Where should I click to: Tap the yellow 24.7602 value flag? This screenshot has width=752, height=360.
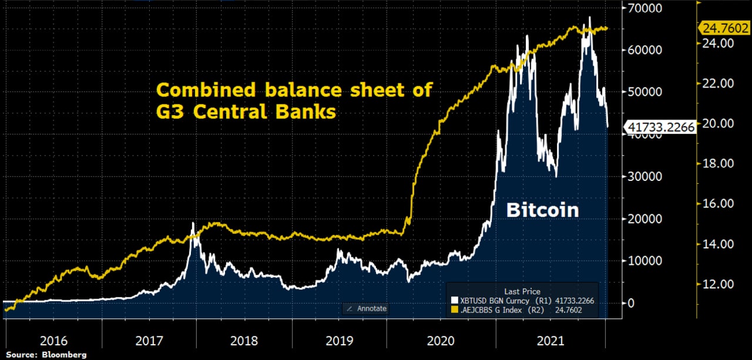pos(723,28)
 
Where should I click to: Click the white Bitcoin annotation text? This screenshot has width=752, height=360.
pos(543,210)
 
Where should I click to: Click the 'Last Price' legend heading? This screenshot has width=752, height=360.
pos(522,291)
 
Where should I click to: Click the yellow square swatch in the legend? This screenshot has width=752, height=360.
pos(454,309)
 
